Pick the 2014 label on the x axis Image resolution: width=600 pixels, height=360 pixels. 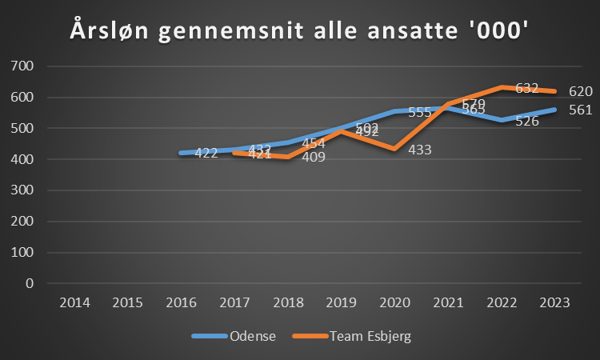point(74,302)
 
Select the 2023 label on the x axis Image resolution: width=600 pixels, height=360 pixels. point(554,302)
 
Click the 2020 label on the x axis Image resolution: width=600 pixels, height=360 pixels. point(394,302)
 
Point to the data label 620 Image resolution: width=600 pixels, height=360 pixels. point(580,91)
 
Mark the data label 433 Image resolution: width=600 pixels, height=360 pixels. point(421,149)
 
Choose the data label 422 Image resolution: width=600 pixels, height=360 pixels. point(206,153)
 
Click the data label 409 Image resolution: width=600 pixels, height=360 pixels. point(313,157)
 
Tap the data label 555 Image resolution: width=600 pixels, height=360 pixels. point(421,112)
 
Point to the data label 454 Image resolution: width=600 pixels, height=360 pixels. point(313,143)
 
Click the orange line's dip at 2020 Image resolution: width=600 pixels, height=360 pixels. point(394,149)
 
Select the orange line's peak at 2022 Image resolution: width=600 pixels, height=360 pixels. point(502,87)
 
